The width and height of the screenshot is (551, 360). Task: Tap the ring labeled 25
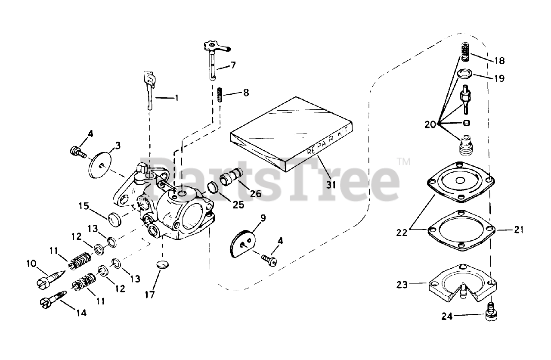pyautogui.click(x=212, y=188)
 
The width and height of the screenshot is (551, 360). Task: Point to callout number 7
pyautogui.click(x=233, y=65)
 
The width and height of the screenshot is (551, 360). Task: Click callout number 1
pyautogui.click(x=176, y=98)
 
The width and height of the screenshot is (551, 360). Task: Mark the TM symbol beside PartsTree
pyautogui.click(x=403, y=162)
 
